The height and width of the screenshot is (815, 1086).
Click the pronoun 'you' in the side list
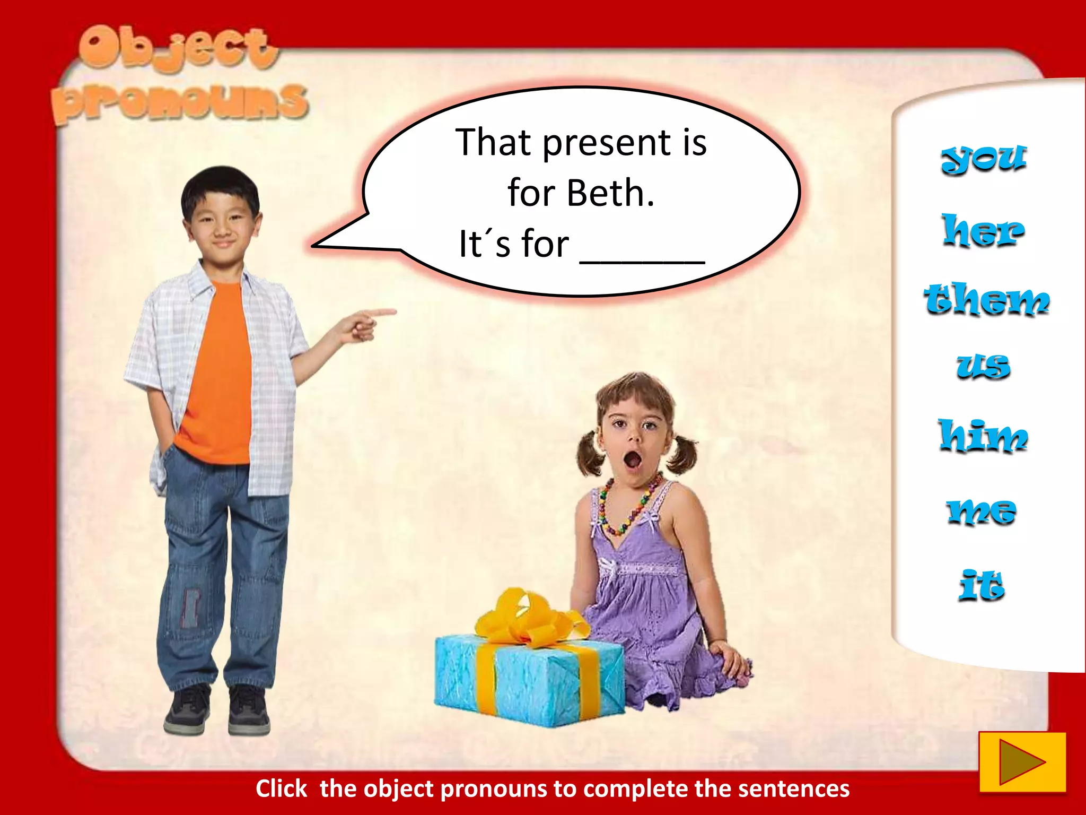coord(984,159)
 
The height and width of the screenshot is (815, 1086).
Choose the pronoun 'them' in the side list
coord(986,299)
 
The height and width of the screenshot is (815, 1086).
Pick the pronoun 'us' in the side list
coord(983,366)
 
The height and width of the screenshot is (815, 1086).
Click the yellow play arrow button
coord(1022,762)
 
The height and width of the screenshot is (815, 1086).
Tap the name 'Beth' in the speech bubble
coord(610,193)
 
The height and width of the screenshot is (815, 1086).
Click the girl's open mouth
coord(632,459)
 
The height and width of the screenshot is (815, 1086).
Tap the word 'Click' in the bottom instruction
coord(281,788)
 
